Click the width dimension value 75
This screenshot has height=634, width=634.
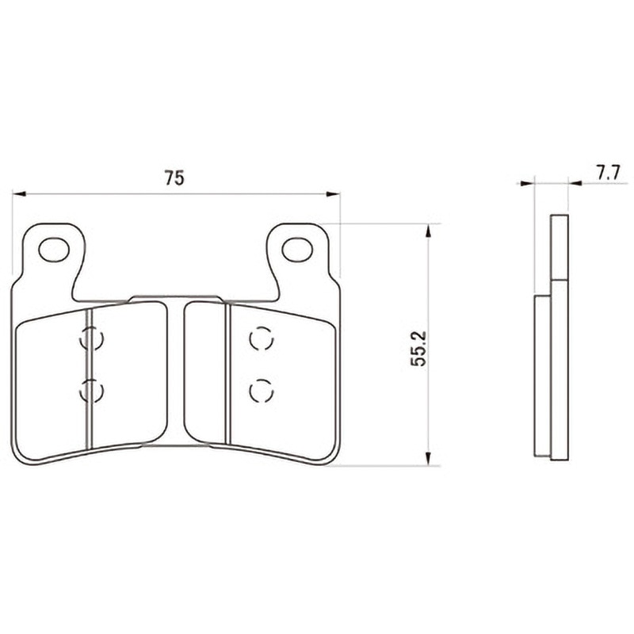[x=174, y=178]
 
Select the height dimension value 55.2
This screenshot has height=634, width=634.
[x=418, y=349]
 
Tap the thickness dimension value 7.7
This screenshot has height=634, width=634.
[x=608, y=174]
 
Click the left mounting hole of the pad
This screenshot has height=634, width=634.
[x=54, y=250]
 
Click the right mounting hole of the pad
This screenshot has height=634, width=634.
[x=298, y=250]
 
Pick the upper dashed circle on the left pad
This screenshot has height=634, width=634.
[x=92, y=338]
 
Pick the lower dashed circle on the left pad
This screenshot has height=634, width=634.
[x=92, y=391]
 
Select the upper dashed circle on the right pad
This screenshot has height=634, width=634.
[x=262, y=338]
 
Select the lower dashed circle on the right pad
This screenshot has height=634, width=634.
[x=262, y=391]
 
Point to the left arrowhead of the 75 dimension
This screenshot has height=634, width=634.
[x=18, y=194]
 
